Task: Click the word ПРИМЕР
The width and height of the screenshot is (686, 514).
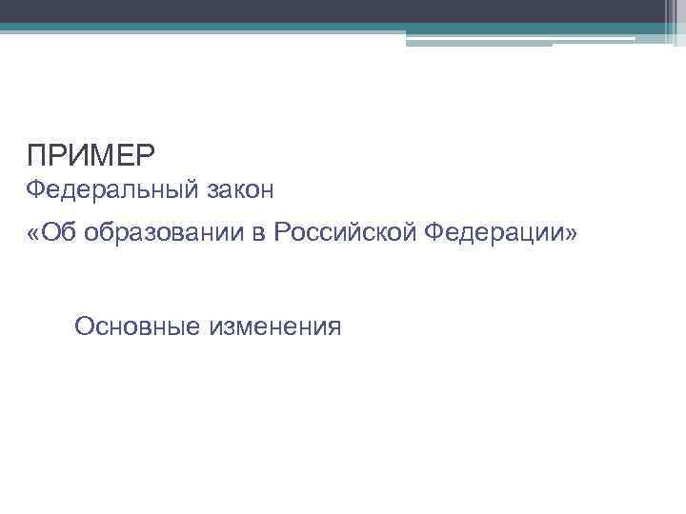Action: tap(91, 154)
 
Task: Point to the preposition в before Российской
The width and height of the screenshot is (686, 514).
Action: tap(259, 235)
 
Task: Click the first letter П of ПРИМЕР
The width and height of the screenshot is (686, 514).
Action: tap(36, 154)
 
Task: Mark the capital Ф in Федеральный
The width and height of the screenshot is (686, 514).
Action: tap(35, 190)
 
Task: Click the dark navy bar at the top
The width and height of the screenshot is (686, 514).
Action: tap(333, 10)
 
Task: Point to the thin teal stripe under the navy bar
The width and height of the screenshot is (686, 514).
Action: tap(286, 28)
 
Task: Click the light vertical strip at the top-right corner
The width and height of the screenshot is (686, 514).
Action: tap(676, 21)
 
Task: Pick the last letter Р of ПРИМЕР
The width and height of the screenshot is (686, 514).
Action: tap(146, 154)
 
